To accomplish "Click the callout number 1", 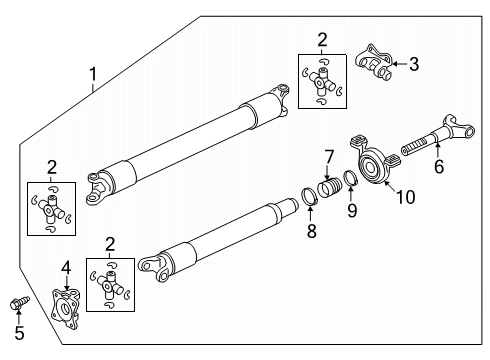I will (x=94, y=73).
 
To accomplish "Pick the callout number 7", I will (x=327, y=156).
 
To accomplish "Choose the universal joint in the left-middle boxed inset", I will (x=51, y=209).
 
